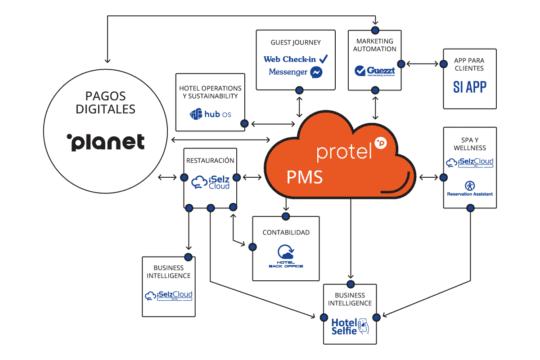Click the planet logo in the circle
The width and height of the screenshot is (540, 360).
point(105,142)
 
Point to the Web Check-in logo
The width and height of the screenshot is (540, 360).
point(296,59)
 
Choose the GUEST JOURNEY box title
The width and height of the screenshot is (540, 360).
point(296,43)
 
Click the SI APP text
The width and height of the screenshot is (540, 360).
point(469,86)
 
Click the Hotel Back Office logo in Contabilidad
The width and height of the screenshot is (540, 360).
point(285,256)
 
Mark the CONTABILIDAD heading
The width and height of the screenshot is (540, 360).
point(285,232)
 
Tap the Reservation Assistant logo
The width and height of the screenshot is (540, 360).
point(470,187)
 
